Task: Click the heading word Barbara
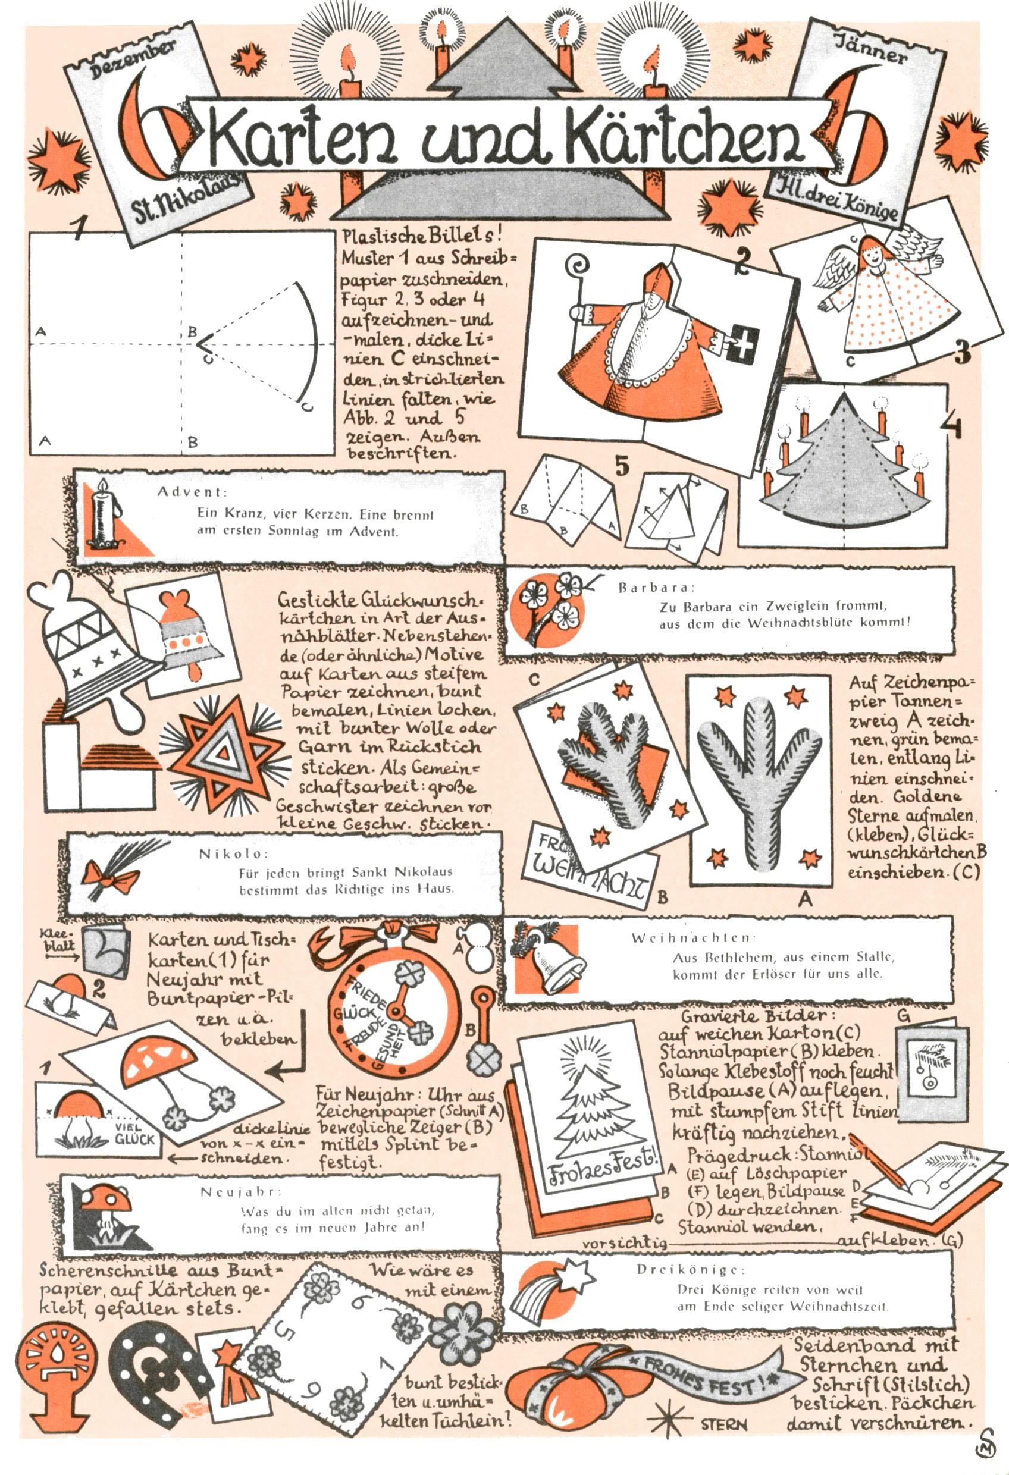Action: [657, 588]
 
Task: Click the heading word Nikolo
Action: [234, 853]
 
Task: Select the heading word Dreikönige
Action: [688, 1270]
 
